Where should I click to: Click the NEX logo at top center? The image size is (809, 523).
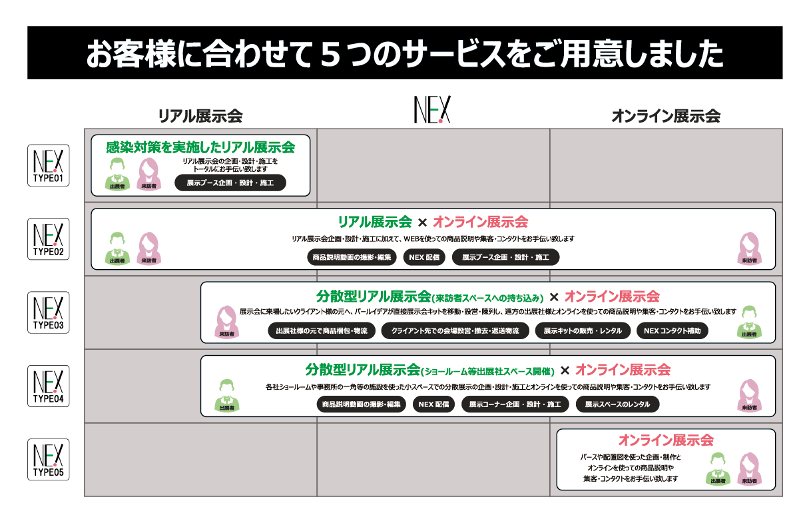click(x=432, y=110)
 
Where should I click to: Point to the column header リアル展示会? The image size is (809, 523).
click(x=200, y=117)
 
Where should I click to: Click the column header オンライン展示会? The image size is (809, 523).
click(x=666, y=117)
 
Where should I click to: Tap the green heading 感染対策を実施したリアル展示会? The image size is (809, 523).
click(x=200, y=147)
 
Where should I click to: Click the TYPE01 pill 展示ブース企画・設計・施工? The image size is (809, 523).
click(x=230, y=183)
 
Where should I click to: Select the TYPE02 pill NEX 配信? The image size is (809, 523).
click(x=424, y=257)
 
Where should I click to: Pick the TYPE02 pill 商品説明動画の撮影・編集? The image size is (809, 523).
click(x=353, y=257)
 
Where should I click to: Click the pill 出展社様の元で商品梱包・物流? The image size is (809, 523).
click(x=322, y=330)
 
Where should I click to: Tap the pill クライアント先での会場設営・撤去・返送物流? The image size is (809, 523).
click(x=455, y=330)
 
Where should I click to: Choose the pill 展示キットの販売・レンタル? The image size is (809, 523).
click(x=583, y=330)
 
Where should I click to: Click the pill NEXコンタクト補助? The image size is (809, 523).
click(x=672, y=330)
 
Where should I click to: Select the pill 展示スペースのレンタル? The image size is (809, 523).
click(x=617, y=404)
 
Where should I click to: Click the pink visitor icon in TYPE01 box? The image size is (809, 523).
click(x=148, y=174)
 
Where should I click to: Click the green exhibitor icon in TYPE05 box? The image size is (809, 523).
click(x=717, y=468)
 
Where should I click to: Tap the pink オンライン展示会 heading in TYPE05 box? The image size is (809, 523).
click(x=666, y=440)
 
